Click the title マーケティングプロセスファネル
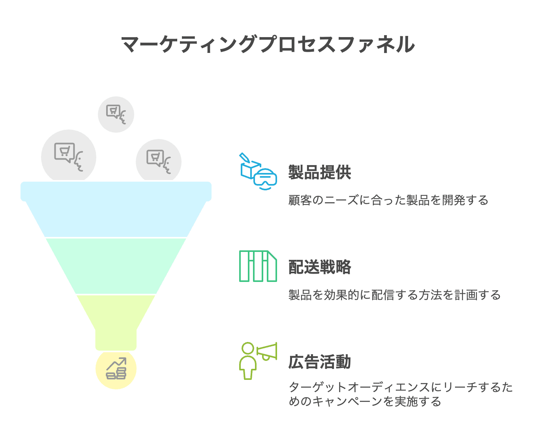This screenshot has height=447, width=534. [268, 44]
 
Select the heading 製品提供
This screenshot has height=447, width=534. [320, 172]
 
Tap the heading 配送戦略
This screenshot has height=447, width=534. [320, 267]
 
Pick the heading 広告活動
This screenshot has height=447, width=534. [320, 362]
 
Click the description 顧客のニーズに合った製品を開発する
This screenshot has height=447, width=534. [388, 200]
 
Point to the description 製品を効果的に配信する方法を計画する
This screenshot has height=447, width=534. [394, 295]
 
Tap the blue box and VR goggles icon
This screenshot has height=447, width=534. [258, 171]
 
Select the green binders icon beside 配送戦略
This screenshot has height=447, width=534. [258, 266]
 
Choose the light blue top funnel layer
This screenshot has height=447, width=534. [116, 209]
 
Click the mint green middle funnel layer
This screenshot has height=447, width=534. [116, 266]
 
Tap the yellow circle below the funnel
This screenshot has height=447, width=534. [116, 370]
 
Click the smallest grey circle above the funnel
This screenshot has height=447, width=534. [116, 115]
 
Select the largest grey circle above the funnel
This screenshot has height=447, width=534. [69, 156]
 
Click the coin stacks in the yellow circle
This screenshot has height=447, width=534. [116, 374]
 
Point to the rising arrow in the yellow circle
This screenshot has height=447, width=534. [116, 363]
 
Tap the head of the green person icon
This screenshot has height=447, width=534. [248, 348]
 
